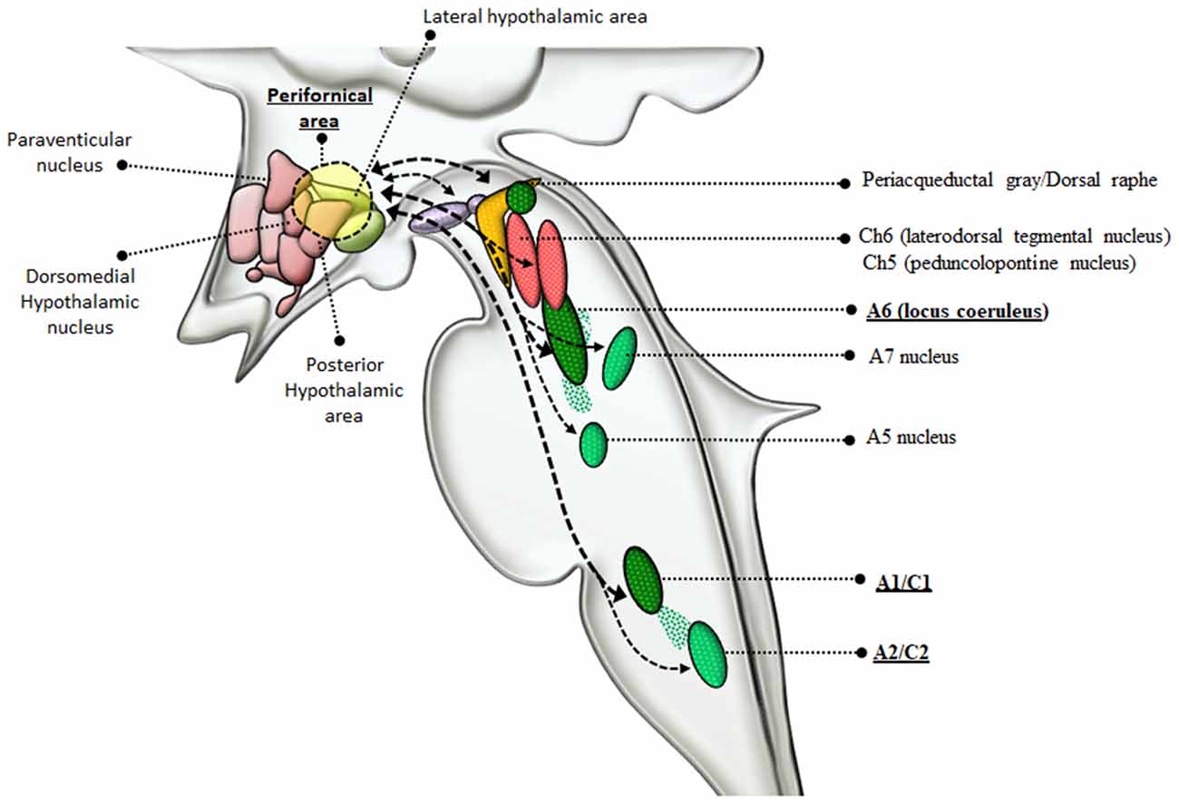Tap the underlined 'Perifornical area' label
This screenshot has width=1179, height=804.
click(x=318, y=107)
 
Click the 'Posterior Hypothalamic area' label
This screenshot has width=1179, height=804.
click(x=344, y=391)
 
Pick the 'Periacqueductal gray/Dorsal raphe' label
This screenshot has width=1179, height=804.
click(x=1008, y=179)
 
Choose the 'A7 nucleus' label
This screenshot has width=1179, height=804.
click(x=913, y=356)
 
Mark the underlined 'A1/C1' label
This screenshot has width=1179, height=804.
click(x=904, y=583)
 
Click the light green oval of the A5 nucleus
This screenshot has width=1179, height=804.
click(x=593, y=444)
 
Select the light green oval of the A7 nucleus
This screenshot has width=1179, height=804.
click(x=620, y=357)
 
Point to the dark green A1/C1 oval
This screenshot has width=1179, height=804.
click(x=643, y=579)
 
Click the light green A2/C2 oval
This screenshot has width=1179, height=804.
click(x=707, y=654)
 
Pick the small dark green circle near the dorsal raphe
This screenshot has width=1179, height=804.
click(x=521, y=197)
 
